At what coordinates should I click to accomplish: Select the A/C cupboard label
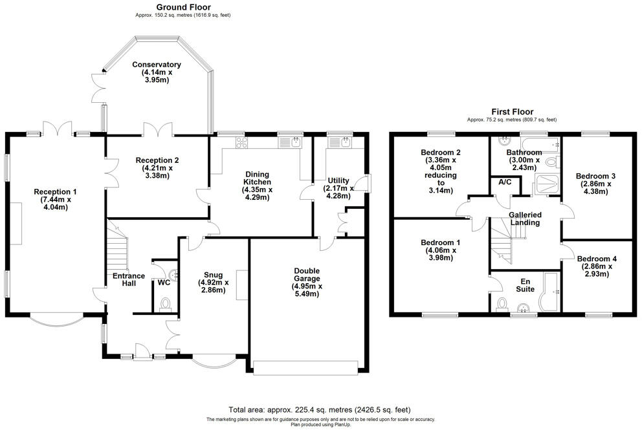point(505,183)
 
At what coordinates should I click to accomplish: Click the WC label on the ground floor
point(164,283)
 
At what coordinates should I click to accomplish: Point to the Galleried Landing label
point(525,219)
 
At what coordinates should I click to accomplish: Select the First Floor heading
point(512,112)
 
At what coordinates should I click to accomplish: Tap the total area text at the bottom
point(319,410)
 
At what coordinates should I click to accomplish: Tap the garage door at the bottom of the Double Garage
point(305,368)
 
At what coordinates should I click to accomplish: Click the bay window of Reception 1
point(57,319)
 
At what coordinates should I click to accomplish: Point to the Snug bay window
point(212,361)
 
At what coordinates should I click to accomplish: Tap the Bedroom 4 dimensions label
point(596,271)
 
